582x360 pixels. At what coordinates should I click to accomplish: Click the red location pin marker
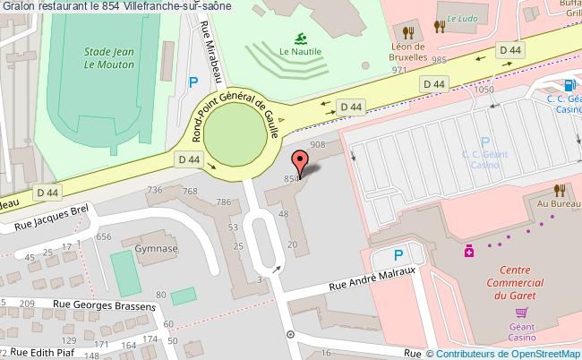tap(301, 162)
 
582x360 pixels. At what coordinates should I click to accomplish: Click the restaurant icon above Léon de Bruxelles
tap(407, 27)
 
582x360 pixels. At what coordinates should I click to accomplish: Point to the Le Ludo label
tap(464, 17)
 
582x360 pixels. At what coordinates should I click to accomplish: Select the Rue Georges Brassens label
tap(104, 305)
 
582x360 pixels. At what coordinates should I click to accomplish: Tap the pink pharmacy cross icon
tap(468, 253)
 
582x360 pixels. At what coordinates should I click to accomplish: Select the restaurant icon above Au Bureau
tap(559, 189)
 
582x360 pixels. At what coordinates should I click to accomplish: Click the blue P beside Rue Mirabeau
tap(193, 83)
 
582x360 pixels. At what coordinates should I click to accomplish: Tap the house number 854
tap(291, 180)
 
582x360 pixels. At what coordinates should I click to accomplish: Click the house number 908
tap(317, 144)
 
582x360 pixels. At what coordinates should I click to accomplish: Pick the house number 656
tap(105, 236)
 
